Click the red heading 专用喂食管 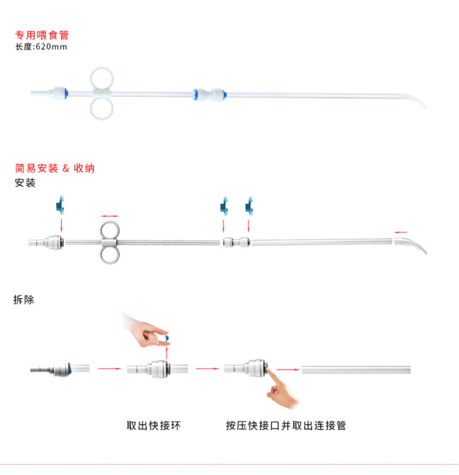coord(42,36)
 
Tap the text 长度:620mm coord(41,47)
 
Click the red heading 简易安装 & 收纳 coord(54,168)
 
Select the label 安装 coord(25,182)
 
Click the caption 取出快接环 coord(153,425)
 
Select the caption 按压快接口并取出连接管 coord(285,425)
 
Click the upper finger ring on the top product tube coord(102,78)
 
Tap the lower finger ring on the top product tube coord(102,108)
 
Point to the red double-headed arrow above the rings coord(110,215)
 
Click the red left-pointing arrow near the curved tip coord(401,232)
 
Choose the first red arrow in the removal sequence coord(109,368)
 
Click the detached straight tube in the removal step coord(356,369)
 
